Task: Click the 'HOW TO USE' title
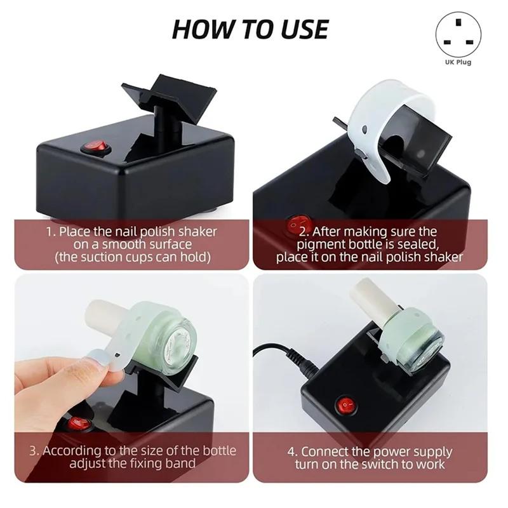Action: (x=250, y=29)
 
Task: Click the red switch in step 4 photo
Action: (x=345, y=403)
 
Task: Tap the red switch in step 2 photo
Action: (x=296, y=224)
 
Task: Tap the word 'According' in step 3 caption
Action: (x=77, y=451)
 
